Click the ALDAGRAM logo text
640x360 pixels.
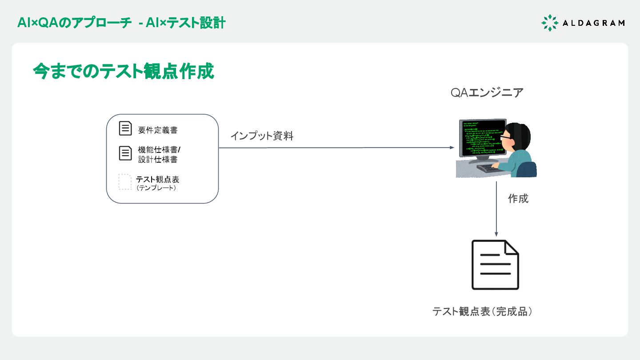click(593, 23)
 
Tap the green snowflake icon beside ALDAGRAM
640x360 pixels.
click(550, 23)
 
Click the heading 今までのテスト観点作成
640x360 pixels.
click(124, 72)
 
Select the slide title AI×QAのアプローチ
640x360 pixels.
click(75, 23)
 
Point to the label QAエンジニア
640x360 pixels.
click(487, 93)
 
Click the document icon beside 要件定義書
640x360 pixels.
click(126, 128)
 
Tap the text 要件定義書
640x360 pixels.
click(158, 130)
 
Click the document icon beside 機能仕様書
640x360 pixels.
click(126, 153)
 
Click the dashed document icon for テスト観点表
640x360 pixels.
click(125, 182)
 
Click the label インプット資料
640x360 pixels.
click(262, 136)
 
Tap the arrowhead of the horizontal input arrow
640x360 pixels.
click(451, 148)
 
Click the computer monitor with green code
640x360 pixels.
click(483, 138)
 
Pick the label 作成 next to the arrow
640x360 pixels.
click(518, 199)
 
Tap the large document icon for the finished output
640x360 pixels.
click(495, 265)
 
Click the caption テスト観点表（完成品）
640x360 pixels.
click(483, 312)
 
